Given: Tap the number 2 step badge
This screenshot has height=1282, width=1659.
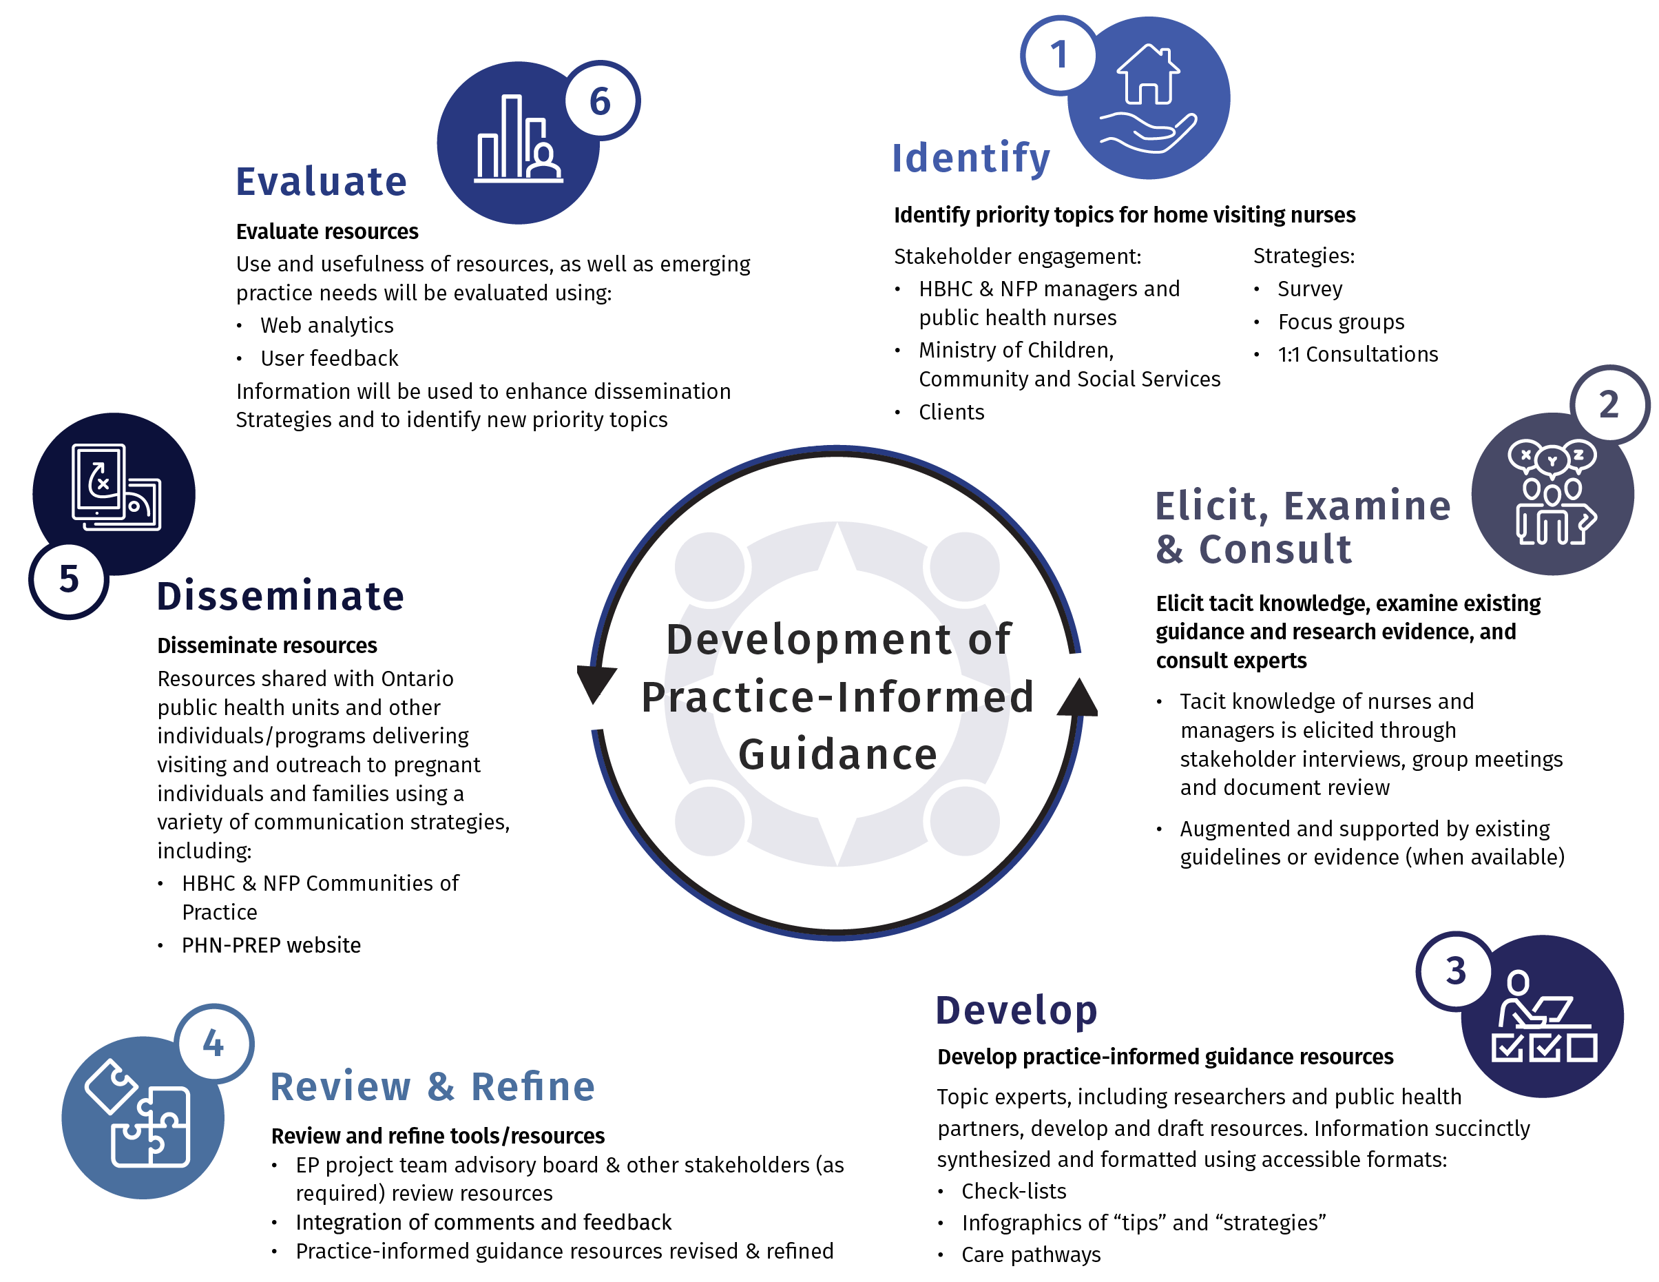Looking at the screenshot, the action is [x=1608, y=404].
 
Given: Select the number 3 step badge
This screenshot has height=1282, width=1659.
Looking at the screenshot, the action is [x=1454, y=971].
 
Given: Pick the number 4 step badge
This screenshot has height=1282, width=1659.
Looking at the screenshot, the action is [x=213, y=1044].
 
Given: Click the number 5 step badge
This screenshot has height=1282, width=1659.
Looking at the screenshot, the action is [x=68, y=580].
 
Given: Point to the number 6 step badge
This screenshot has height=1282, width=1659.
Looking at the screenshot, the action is [x=600, y=101].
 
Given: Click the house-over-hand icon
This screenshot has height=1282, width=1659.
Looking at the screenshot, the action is [x=1149, y=99].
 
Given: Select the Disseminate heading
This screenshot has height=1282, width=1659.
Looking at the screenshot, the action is [x=280, y=596].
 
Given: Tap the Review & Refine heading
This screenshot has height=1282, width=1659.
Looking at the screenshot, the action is [x=432, y=1086].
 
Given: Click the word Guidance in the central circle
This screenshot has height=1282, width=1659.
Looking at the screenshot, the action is [x=837, y=754].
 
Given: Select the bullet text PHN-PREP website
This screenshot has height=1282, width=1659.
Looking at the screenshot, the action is [x=271, y=945].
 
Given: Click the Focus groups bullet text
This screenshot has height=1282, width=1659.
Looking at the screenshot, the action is [x=1341, y=322].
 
